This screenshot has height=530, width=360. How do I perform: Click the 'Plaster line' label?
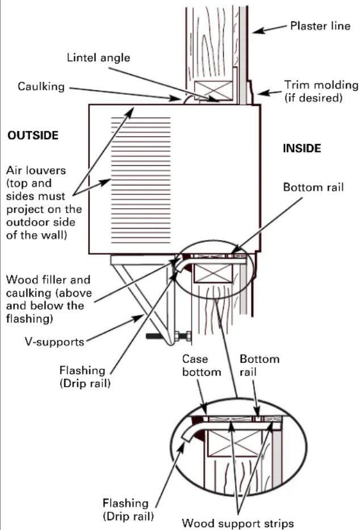pos(320,26)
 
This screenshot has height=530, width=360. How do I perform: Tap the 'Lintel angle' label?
pos(98,57)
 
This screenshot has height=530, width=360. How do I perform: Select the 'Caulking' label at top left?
pos(41,86)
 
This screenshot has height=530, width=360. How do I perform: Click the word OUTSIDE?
pos(33,135)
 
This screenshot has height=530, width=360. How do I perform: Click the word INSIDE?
pos(302,148)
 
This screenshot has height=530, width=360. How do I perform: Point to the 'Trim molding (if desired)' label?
pos(321,91)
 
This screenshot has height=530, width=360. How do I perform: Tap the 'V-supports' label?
pos(55,342)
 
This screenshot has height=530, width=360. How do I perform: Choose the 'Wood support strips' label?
pos(238,523)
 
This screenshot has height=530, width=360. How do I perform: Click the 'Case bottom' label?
pos(202,365)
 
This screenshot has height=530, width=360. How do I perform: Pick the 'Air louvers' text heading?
pos(36,170)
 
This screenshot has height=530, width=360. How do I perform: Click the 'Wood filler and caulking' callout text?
pos(49,299)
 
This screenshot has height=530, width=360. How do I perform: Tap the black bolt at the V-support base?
pos(169,336)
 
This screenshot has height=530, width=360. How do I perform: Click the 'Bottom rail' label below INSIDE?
pos(313,187)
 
